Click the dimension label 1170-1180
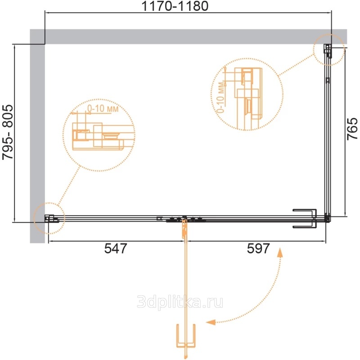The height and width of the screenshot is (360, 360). point(175,6)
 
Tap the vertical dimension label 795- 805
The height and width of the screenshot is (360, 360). point(8,132)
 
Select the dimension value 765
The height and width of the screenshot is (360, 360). point(352,129)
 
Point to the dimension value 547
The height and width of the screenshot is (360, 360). point(116,248)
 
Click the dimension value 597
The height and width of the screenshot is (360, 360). point(258,248)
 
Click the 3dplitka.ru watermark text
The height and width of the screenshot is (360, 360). point(180,301)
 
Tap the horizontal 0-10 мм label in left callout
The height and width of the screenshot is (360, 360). point(103,108)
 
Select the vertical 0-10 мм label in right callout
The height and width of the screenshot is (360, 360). point(221,98)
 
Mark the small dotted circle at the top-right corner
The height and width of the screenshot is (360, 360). point(329,35)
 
